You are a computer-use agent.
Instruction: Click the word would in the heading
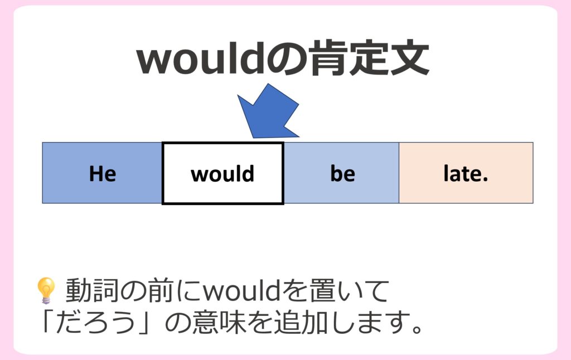point(200,59)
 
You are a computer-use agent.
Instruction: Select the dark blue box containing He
point(102,173)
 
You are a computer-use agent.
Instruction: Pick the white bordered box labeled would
point(223,173)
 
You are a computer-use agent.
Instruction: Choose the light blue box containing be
point(341,173)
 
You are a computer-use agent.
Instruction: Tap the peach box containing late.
point(466,173)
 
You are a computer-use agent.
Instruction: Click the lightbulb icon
point(46,290)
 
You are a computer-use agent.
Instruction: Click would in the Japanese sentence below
point(241,290)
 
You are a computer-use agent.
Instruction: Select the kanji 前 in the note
point(160,291)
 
